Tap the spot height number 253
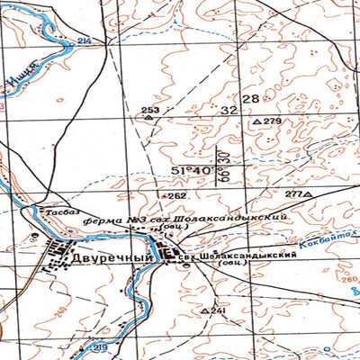(x=149, y=110)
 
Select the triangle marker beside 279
(x=256, y=121)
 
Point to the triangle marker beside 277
(x=308, y=194)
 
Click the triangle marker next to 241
(x=205, y=310)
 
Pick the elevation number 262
(x=175, y=194)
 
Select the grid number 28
(x=249, y=98)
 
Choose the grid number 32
(x=229, y=110)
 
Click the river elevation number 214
(x=85, y=42)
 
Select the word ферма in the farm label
(x=99, y=219)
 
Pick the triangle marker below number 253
(x=149, y=118)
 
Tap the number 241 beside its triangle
(x=218, y=310)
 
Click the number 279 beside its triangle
(x=272, y=121)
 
